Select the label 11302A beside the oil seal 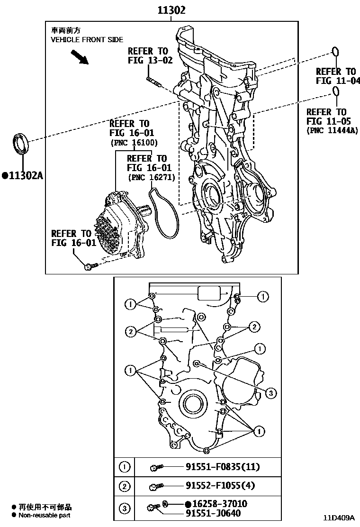point(25,176)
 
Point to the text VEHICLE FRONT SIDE point(87,40)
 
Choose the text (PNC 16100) point(134,142)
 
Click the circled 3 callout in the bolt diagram point(270,392)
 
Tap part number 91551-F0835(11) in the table point(223,467)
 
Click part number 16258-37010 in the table point(219,504)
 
